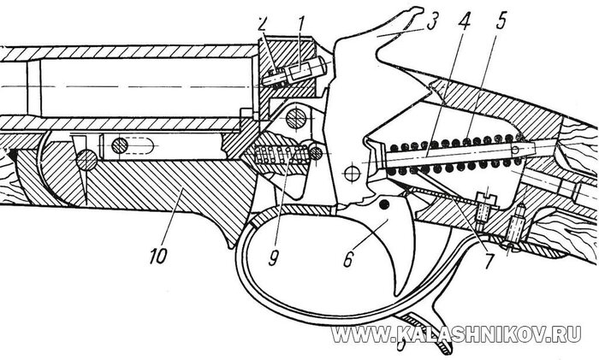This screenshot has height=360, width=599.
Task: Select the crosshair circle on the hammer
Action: pos(349,174)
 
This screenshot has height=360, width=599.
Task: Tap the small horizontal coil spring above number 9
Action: pos(282,157)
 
